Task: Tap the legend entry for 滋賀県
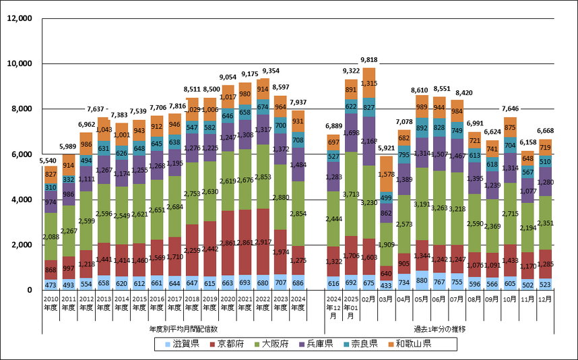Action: point(181,344)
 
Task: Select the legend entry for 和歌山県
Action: point(409,344)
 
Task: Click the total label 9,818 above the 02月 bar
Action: point(369,59)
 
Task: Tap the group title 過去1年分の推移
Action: point(440,328)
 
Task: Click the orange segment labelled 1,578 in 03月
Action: point(387,174)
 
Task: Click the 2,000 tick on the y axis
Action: point(21,245)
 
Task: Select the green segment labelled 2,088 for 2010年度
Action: point(51,237)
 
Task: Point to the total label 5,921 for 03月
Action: point(387,148)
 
